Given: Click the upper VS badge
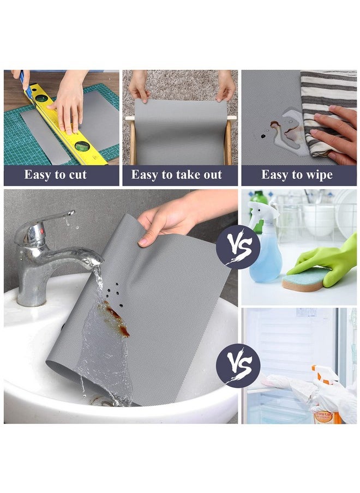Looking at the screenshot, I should (238, 246).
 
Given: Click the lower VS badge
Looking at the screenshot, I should (238, 365).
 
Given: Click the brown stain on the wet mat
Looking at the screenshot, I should (115, 319).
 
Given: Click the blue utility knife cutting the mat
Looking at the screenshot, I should (25, 87).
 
